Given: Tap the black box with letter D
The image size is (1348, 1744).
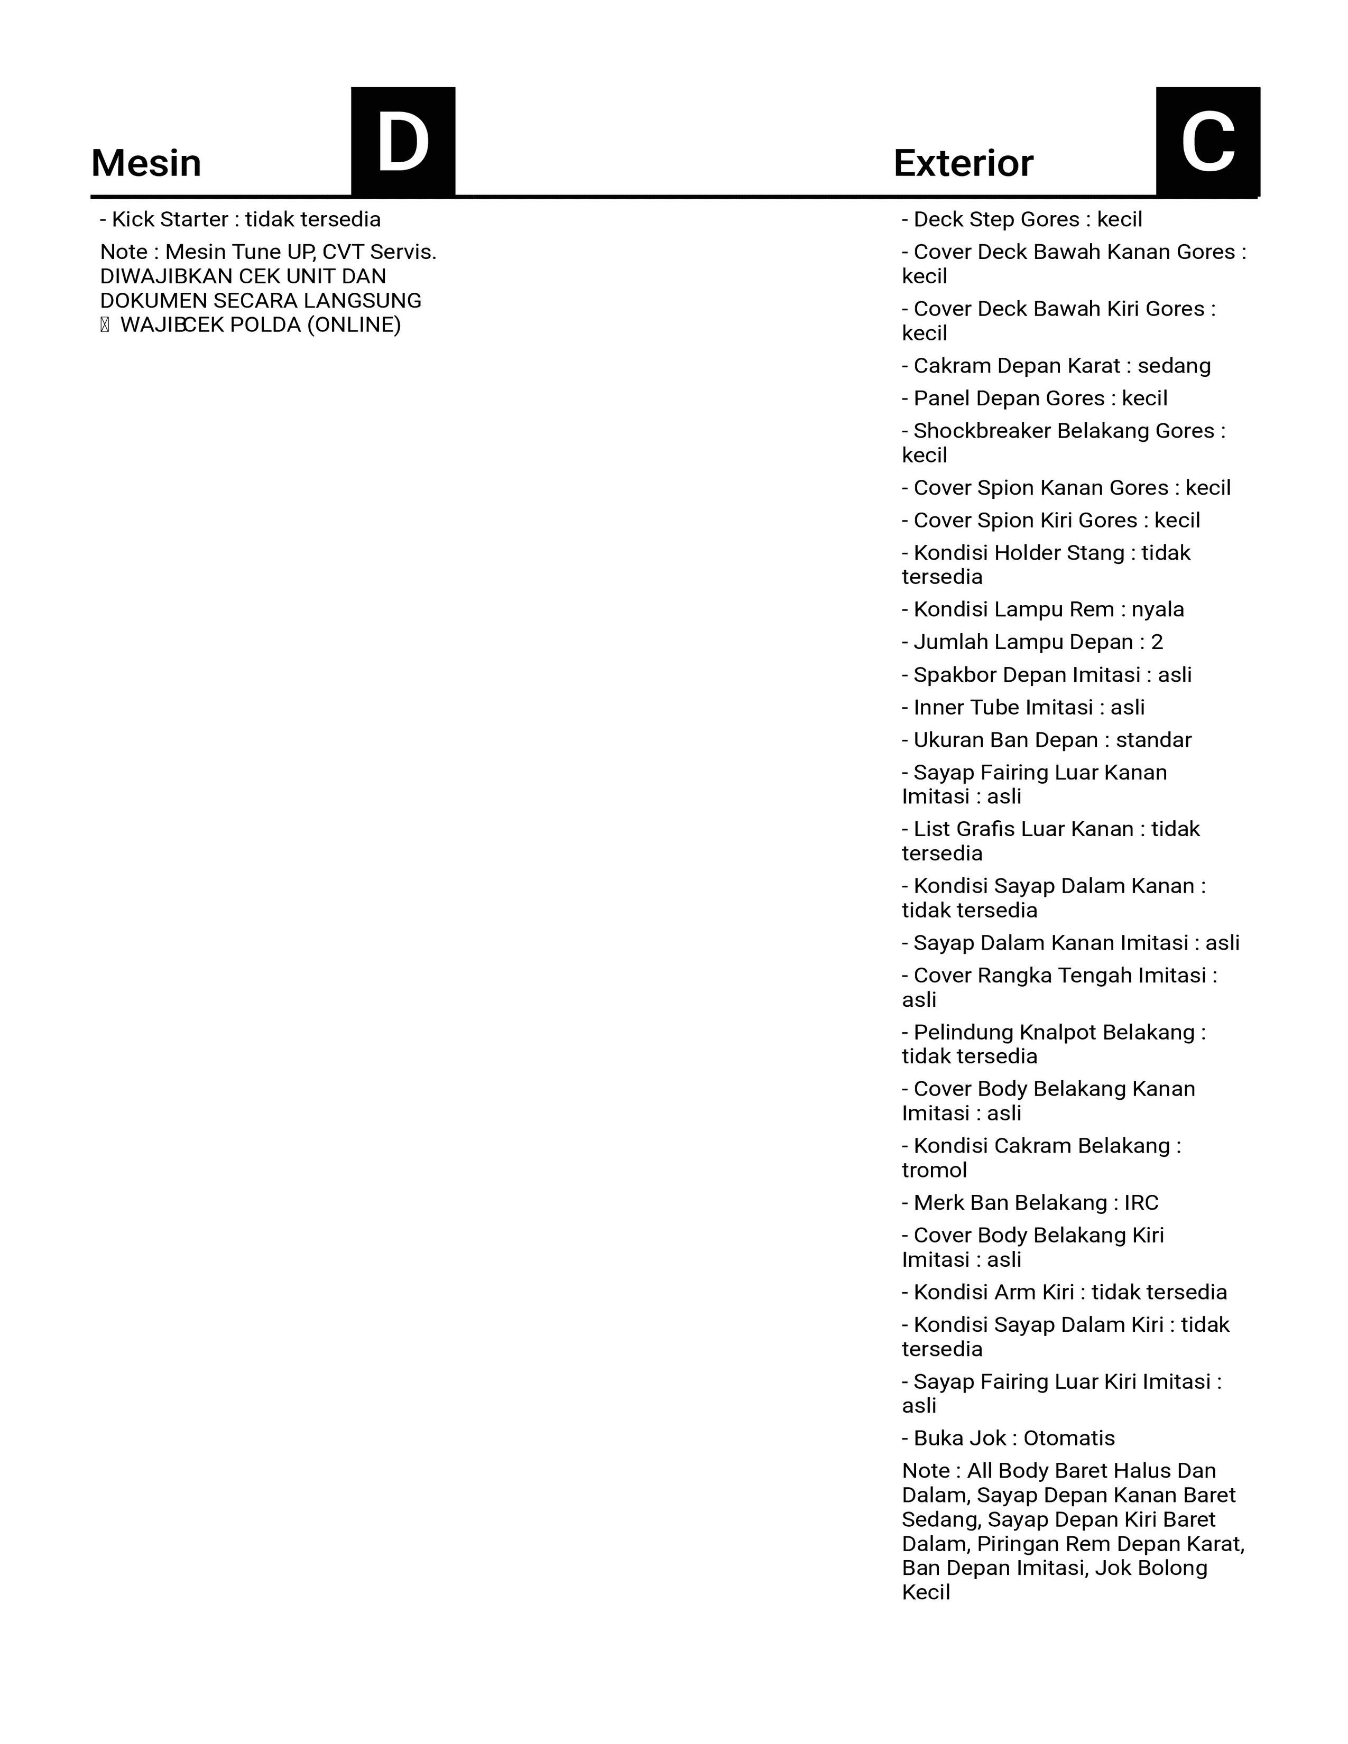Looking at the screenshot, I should [403, 141].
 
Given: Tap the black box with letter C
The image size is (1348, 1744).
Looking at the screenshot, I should [1207, 141].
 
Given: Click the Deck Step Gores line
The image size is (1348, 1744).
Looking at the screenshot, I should [1022, 220].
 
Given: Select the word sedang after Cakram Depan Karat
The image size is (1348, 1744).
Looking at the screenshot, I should [1174, 366].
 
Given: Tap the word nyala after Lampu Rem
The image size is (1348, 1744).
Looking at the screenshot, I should [1157, 609].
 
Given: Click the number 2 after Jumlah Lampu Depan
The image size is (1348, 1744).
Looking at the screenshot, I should [1156, 642].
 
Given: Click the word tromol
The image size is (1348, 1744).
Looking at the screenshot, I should [934, 1170].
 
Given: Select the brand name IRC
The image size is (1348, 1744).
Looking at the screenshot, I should [1141, 1203].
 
